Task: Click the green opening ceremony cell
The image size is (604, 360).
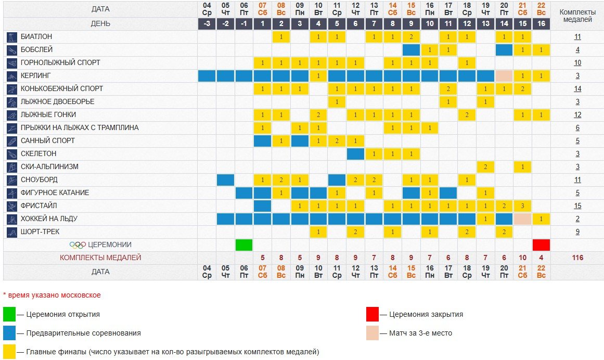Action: [244, 245]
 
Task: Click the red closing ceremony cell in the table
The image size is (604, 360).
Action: [541, 245]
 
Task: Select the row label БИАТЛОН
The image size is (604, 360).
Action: [36, 37]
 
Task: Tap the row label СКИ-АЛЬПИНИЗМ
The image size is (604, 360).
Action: [50, 167]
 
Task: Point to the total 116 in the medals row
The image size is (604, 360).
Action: [577, 258]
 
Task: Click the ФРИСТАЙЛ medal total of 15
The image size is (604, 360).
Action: [577, 206]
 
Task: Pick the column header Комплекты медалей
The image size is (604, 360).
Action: [577, 16]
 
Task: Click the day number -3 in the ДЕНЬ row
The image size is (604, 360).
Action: [207, 24]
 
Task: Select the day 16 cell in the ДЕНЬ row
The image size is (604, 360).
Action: [541, 24]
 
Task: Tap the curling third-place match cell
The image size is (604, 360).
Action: [504, 76]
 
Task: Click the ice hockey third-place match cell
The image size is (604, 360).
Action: [523, 219]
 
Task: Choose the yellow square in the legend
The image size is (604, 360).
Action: [9, 352]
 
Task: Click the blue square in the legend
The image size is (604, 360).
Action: [9, 333]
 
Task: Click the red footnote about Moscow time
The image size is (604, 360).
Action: [52, 295]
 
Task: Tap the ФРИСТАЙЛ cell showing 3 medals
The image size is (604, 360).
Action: [523, 206]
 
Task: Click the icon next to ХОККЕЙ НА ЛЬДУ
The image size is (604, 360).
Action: [12, 219]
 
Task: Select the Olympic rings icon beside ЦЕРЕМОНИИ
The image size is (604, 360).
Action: [78, 245]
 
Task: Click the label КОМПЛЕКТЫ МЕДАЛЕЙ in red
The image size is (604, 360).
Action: [100, 258]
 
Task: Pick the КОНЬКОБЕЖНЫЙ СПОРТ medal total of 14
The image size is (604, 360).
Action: [577, 89]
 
